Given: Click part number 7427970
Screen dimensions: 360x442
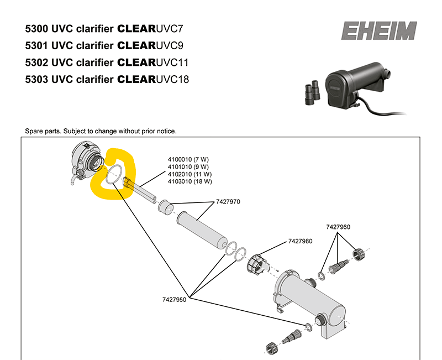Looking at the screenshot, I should point(227,202).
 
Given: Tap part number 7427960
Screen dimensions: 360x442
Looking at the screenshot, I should point(338,227).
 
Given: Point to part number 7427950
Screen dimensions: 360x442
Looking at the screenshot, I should point(175,299).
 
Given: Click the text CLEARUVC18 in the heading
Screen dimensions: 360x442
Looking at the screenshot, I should point(153,79).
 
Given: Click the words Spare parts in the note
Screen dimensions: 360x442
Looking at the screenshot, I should point(43,131).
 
